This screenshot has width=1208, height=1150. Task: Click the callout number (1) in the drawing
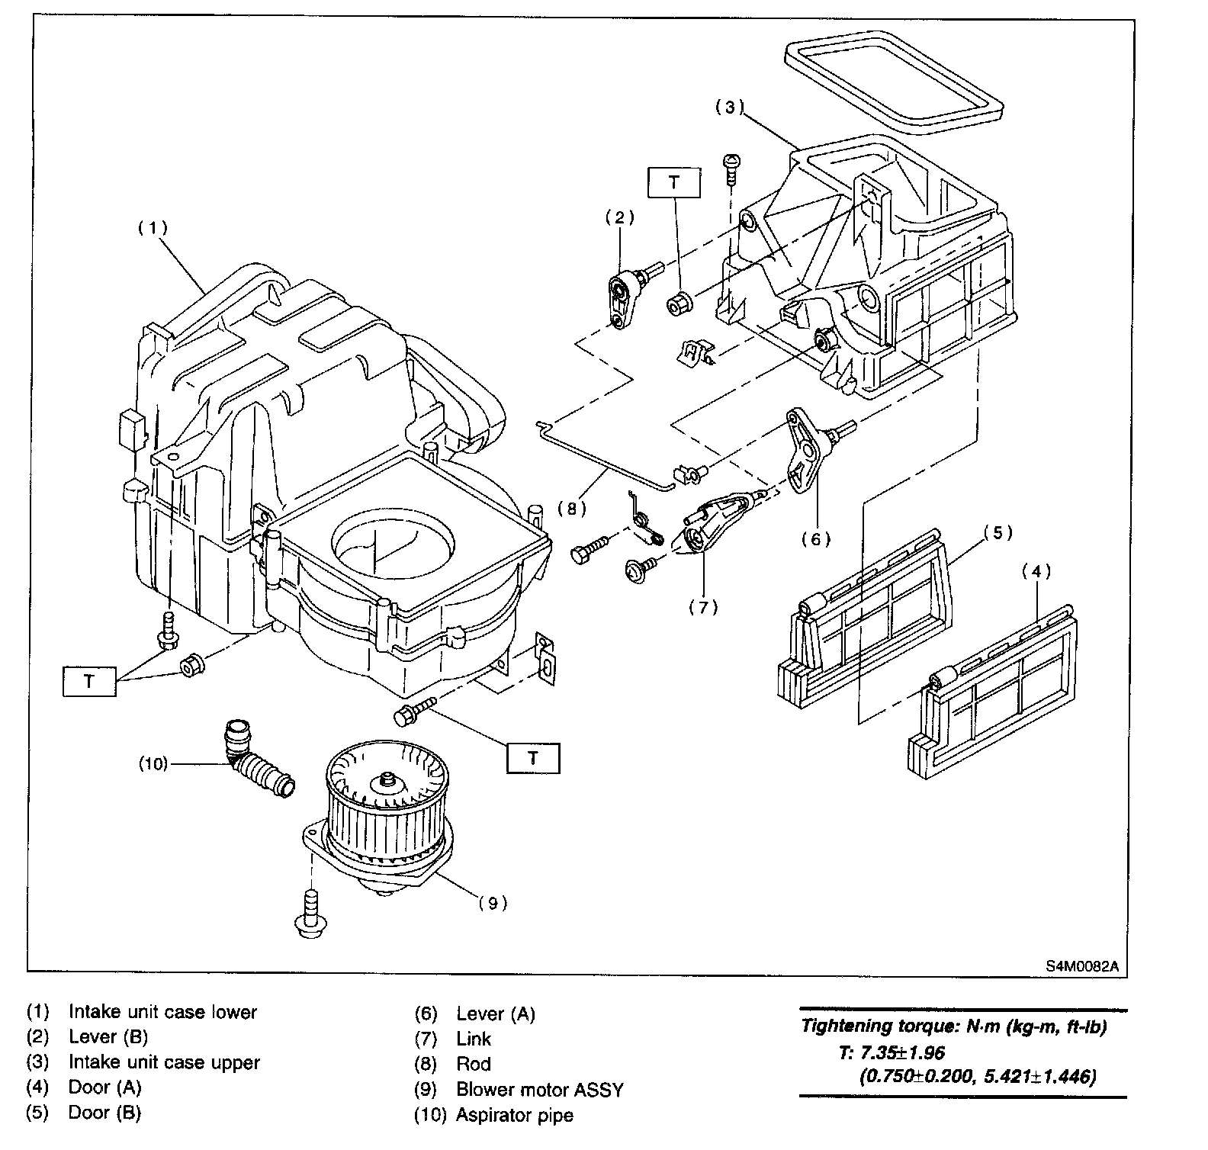tap(153, 228)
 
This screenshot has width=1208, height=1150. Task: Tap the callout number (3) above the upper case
tap(729, 108)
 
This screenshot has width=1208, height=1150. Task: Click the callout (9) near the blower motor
tap(493, 904)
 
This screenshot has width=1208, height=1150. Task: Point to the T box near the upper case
tap(673, 182)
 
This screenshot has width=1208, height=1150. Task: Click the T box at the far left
tap(89, 680)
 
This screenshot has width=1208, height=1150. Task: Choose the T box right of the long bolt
tap(533, 758)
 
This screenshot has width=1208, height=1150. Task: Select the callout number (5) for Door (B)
tap(997, 532)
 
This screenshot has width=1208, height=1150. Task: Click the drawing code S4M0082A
tap(1082, 965)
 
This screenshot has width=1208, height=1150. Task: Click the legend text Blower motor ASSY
tap(540, 1090)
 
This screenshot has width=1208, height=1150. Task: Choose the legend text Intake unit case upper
tap(164, 1062)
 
